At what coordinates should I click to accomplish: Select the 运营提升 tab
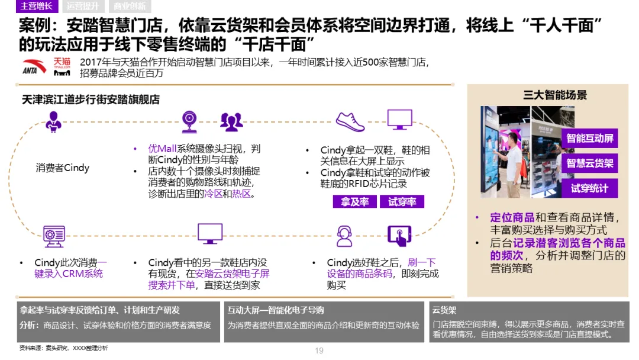82,7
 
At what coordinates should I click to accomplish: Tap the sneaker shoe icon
351,121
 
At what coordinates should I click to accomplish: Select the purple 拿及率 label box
355,202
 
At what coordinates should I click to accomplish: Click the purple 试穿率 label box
402,202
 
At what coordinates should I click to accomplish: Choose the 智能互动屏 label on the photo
590,139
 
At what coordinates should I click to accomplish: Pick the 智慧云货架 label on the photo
590,163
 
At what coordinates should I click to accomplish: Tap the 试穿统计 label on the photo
589,189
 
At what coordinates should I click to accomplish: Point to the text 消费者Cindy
63,168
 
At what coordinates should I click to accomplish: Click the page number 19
319,351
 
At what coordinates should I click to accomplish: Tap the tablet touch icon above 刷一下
399,236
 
